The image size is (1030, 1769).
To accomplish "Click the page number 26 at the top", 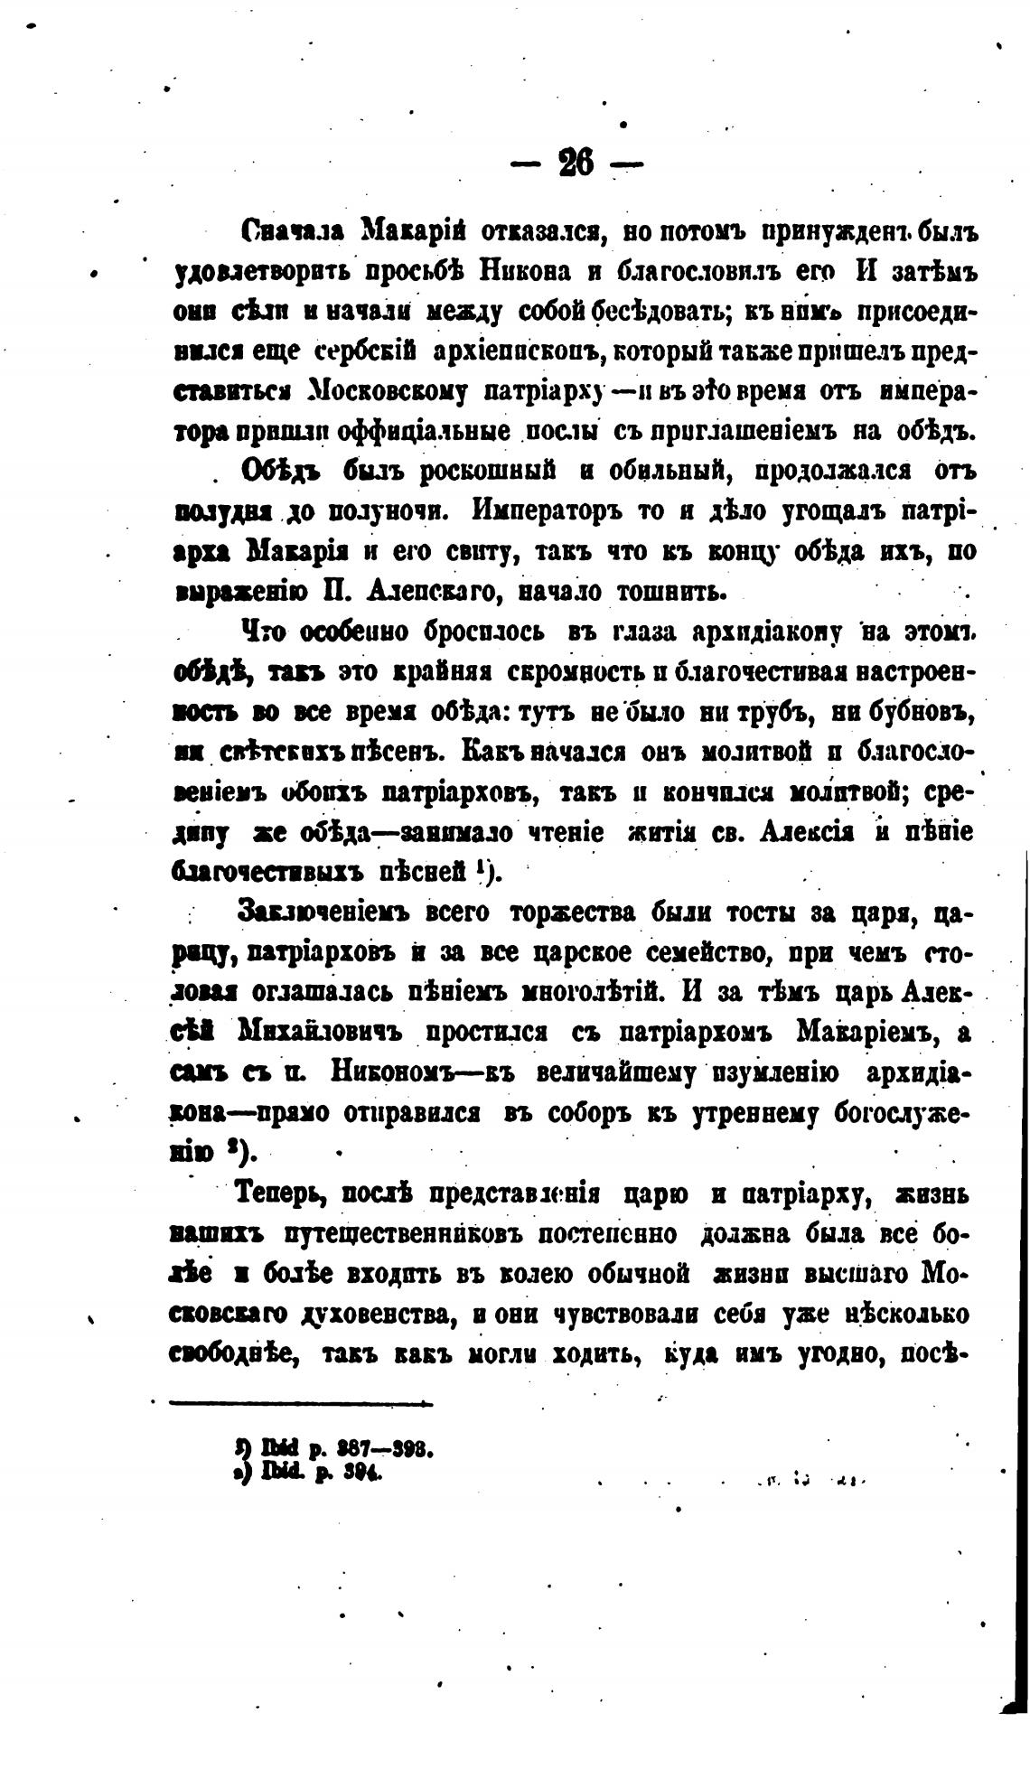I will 576,164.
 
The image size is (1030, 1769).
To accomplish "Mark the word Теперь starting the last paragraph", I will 280,1193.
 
